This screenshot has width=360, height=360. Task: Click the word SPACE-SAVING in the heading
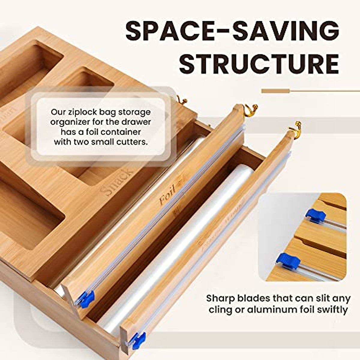[232, 31]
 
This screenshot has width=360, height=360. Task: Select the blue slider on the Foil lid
[87, 297]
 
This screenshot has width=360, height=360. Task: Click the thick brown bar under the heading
[275, 91]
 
